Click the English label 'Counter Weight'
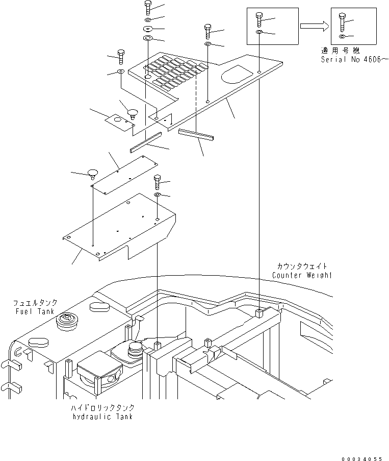pos(302,276)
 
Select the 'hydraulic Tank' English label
pos(103,417)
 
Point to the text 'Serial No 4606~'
pos(353,59)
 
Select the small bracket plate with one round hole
pos(118,124)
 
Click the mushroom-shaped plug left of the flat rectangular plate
pos(92,172)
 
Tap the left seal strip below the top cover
pos(145,142)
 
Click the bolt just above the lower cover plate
pos(157,182)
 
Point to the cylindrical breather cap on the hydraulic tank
pos(135,350)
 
